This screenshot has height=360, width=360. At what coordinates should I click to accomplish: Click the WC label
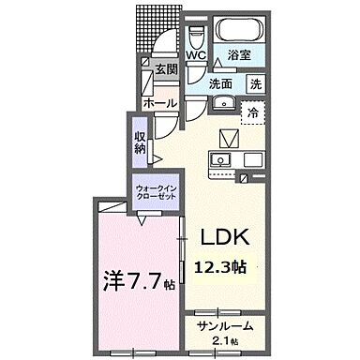[196, 54]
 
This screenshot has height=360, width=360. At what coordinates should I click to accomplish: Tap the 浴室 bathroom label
[239, 54]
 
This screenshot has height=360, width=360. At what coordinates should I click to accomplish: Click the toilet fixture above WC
[195, 35]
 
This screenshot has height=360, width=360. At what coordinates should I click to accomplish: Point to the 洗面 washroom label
[220, 82]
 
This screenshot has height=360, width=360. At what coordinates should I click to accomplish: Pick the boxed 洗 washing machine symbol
[255, 82]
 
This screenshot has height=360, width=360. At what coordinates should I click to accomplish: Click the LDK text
[221, 237]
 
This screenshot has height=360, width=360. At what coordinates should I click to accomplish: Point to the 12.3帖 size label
[221, 267]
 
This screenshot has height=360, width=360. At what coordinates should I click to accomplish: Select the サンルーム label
[221, 325]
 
